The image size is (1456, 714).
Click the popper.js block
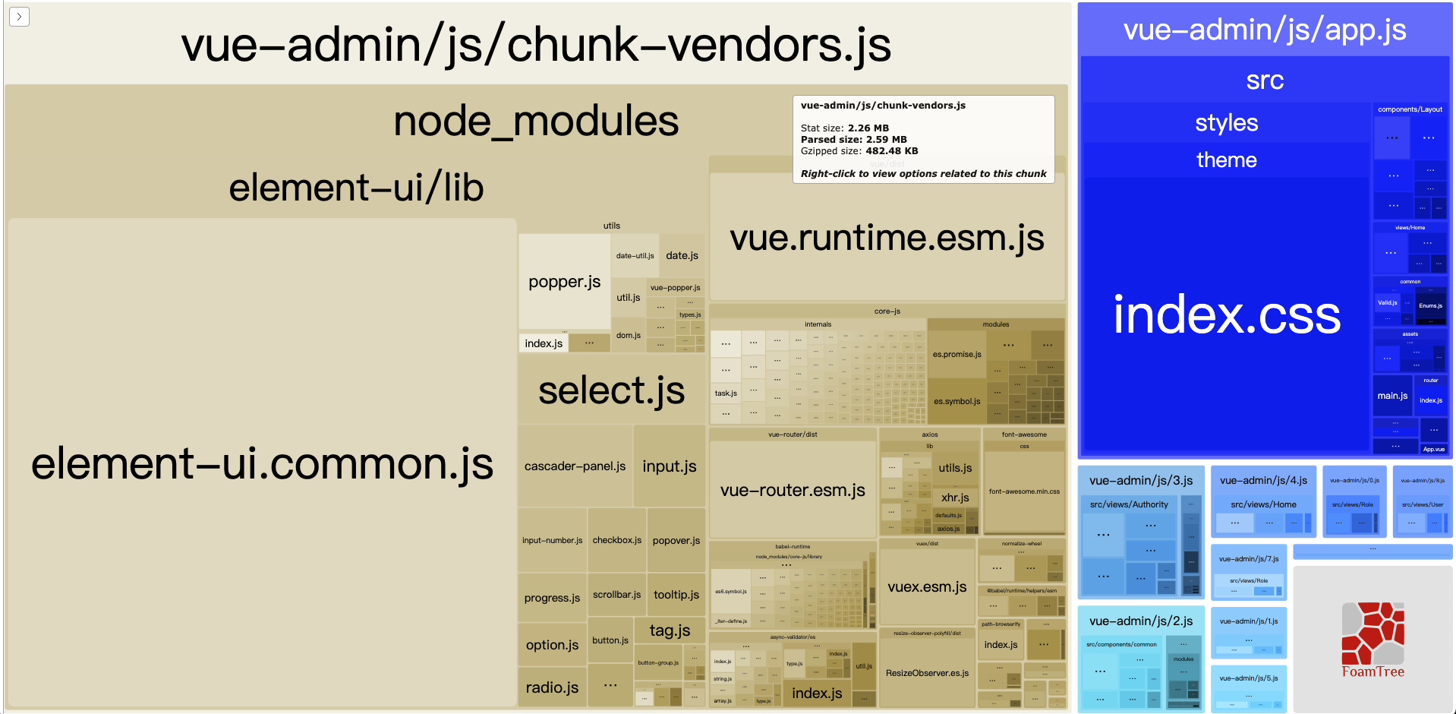tap(564, 282)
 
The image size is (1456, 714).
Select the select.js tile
tap(611, 390)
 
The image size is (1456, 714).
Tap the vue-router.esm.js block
tap(793, 490)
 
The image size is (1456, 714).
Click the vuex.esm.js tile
tap(927, 586)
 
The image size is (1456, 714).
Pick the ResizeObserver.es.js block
tap(927, 673)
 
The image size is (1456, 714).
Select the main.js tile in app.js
tap(1392, 396)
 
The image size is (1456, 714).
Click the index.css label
tap(1226, 315)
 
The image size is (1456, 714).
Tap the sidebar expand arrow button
tap(20, 17)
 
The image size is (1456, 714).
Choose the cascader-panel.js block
tap(575, 466)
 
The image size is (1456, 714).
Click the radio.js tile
tap(552, 687)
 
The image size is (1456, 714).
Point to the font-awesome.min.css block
tap(1024, 491)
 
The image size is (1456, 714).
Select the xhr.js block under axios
tap(955, 498)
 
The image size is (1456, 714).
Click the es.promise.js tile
tap(956, 355)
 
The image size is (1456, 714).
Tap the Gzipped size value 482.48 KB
tap(891, 151)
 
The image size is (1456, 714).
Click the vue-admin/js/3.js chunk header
tap(1140, 481)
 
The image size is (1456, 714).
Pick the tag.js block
tap(670, 630)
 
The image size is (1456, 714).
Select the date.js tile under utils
tap(682, 256)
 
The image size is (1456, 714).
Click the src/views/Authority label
tap(1129, 504)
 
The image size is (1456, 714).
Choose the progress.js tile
tap(552, 598)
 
